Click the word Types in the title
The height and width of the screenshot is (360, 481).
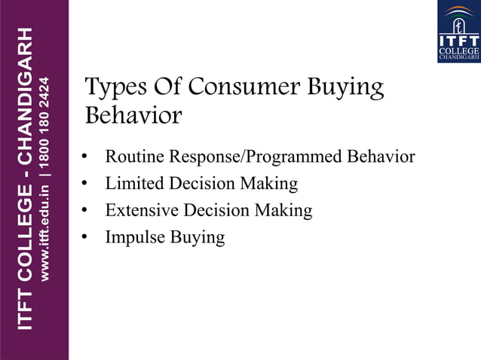click(x=112, y=89)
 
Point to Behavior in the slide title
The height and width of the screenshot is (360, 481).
click(x=133, y=117)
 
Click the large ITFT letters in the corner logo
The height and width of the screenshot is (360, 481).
click(x=458, y=40)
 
